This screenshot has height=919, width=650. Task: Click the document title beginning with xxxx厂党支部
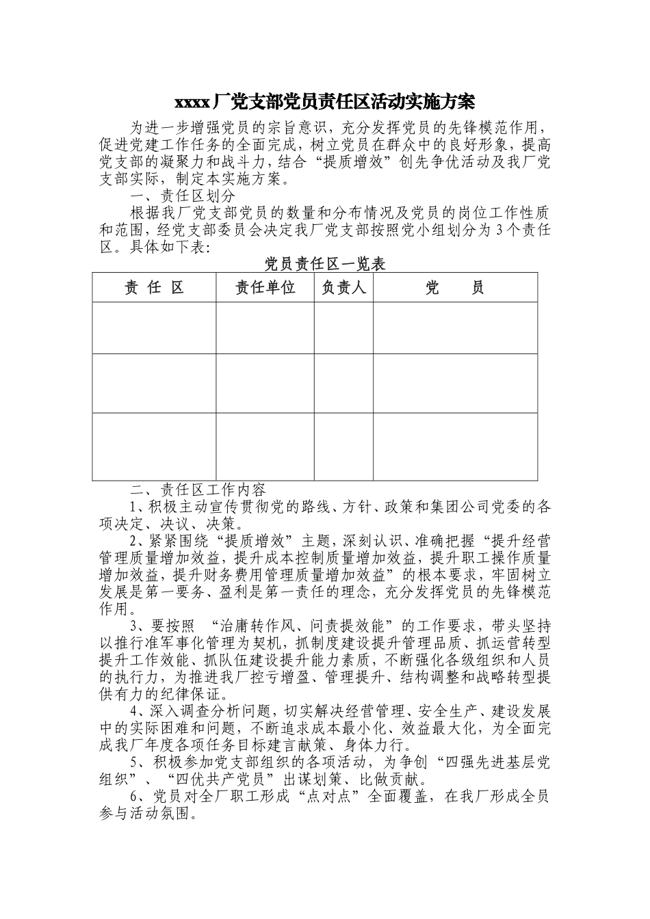click(324, 103)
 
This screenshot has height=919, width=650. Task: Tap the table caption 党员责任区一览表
click(324, 264)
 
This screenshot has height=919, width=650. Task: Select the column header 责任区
click(154, 288)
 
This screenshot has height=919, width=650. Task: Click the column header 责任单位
click(265, 288)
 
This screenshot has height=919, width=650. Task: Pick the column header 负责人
click(343, 288)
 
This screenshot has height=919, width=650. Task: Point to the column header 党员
click(454, 288)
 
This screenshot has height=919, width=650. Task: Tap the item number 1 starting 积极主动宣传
click(133, 507)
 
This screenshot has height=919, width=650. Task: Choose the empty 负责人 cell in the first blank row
click(343, 328)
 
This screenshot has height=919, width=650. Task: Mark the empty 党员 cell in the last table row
click(454, 446)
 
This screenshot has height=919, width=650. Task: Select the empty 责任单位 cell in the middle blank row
click(265, 383)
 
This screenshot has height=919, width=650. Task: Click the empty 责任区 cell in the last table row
click(154, 446)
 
